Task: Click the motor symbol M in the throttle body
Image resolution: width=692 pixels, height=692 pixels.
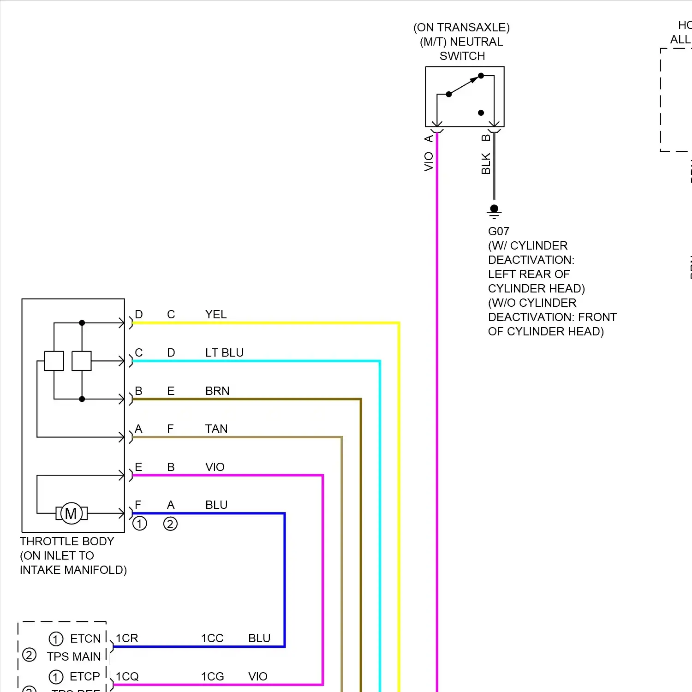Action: [x=71, y=513]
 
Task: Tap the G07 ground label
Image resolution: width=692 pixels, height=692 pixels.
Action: [x=499, y=232]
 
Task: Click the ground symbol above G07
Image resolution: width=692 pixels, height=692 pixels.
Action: [x=494, y=211]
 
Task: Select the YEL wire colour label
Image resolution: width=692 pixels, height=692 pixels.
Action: [x=216, y=315]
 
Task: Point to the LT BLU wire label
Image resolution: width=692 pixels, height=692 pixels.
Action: [x=224, y=353]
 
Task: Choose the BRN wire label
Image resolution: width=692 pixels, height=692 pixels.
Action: [x=217, y=391]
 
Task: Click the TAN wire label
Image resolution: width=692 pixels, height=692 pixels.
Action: [x=216, y=429]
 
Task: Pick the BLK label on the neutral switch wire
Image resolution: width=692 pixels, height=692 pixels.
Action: [x=486, y=164]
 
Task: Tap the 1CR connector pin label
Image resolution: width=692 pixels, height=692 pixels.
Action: [x=127, y=638]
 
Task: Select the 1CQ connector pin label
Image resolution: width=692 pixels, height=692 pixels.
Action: [x=127, y=677]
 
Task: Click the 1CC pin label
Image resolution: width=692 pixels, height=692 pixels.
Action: [x=212, y=638]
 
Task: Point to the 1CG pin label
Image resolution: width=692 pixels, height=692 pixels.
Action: [x=212, y=677]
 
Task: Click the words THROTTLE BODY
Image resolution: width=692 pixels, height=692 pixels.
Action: [x=67, y=542]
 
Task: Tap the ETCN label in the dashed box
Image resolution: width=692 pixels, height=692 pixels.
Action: [x=85, y=639]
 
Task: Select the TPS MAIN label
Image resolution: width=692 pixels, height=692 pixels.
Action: [x=74, y=656]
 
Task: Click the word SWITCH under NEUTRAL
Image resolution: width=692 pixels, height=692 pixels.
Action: [x=462, y=56]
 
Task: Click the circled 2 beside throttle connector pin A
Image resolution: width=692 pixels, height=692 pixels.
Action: [x=170, y=524]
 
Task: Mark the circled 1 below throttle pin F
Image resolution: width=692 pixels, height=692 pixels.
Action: [x=140, y=524]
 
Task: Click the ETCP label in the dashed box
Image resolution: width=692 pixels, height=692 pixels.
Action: [x=85, y=677]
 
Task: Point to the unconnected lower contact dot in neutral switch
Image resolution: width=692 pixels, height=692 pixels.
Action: [x=481, y=113]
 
